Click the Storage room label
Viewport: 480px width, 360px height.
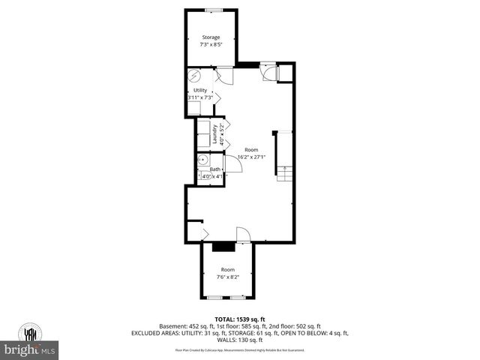point(211,37)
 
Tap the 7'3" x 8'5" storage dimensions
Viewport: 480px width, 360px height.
point(211,44)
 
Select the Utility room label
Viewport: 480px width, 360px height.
point(200,90)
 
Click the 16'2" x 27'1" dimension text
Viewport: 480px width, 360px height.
point(250,157)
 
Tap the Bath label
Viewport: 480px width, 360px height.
point(215,169)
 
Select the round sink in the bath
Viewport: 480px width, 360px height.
point(202,160)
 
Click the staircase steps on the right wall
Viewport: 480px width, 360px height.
point(285,175)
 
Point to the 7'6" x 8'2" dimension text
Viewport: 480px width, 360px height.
point(227,277)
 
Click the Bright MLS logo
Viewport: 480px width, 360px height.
point(31,349)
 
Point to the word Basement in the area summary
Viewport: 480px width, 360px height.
point(174,326)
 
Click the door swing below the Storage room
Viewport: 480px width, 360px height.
point(223,75)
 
